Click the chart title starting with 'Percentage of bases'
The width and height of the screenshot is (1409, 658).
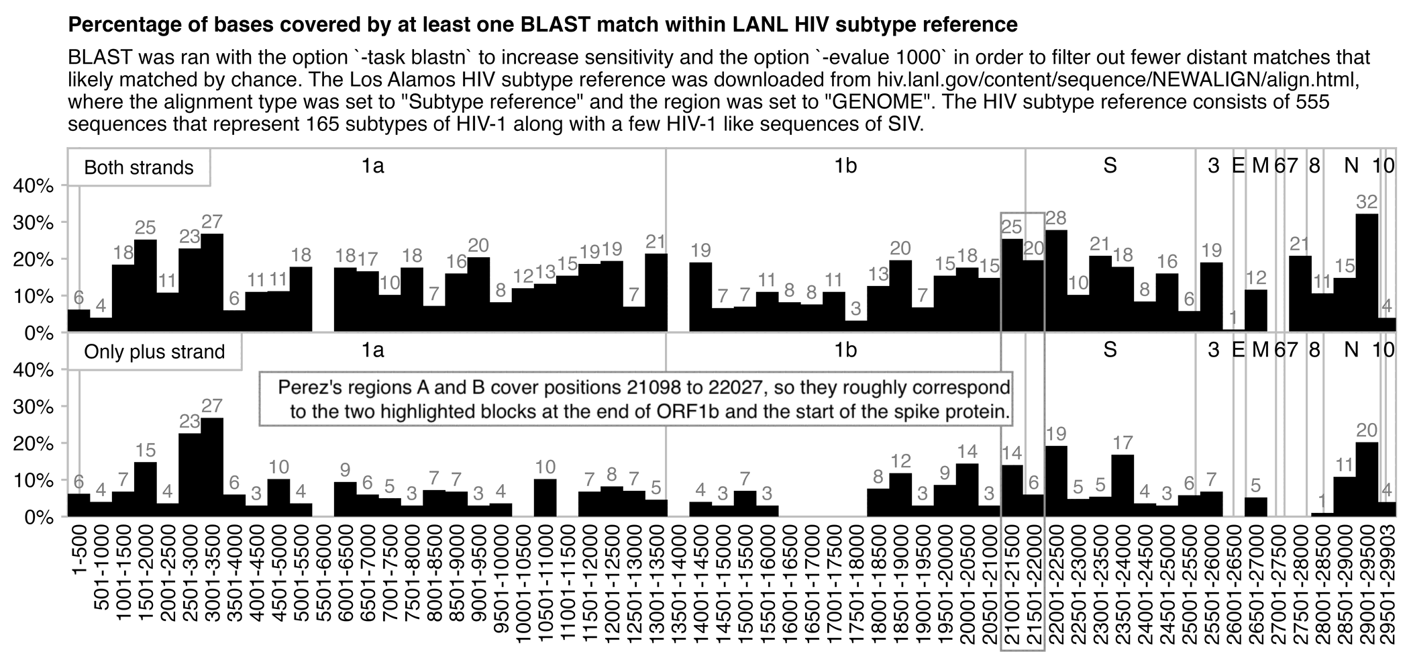point(542,25)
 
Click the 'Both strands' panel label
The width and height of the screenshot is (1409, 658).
point(139,167)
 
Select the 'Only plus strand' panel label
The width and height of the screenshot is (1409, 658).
point(154,352)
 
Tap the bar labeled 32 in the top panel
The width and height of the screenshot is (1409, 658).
point(1367,273)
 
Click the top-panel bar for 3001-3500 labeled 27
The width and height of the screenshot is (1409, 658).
point(212,283)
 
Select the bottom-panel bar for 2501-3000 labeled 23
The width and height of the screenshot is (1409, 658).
point(190,475)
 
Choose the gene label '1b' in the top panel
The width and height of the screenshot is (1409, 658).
point(845,166)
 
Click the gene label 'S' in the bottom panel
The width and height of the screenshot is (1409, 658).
point(1110,350)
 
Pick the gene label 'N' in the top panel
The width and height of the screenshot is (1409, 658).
point(1351,166)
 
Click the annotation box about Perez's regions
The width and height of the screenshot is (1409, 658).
point(635,399)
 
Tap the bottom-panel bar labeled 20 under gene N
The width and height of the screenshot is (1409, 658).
point(1367,479)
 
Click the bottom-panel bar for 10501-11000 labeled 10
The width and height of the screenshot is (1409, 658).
point(545,498)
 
